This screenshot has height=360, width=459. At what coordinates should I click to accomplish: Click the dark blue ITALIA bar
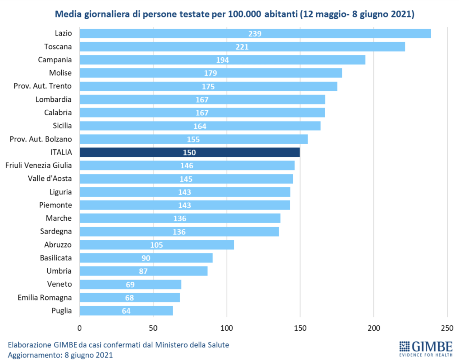[x=190, y=152]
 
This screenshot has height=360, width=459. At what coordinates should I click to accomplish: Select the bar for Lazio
[x=255, y=34]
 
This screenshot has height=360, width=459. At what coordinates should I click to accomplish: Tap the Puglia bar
[x=126, y=311]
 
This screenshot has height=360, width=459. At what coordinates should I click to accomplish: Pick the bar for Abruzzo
[x=157, y=245]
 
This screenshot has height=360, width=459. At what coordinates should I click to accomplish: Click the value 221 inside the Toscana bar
[x=242, y=47]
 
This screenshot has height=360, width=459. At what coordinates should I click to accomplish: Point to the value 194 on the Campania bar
[x=222, y=60]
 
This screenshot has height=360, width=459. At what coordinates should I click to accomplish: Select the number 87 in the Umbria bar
[x=143, y=271]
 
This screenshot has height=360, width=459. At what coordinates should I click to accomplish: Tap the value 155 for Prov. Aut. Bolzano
[x=193, y=139]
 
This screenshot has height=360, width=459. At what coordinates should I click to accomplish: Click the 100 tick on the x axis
[x=227, y=328]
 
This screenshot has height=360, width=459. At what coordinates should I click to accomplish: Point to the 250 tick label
[x=447, y=328]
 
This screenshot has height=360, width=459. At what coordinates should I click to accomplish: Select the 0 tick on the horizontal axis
[x=79, y=328]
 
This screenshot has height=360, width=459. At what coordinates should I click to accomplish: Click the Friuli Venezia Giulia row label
[x=39, y=165]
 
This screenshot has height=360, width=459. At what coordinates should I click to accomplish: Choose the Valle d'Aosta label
[x=50, y=179]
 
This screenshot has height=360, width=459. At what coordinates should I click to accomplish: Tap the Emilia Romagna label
[x=45, y=298]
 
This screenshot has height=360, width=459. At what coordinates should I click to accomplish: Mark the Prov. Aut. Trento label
[x=43, y=86]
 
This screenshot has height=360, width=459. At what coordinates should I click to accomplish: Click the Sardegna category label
[x=56, y=231]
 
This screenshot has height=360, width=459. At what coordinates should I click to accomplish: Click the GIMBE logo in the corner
[x=426, y=349]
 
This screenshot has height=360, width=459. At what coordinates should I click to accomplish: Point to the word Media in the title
[x=68, y=14]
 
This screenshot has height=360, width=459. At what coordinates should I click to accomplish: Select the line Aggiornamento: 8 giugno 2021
[x=60, y=355]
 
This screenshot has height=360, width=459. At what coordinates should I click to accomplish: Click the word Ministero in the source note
[x=171, y=345]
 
